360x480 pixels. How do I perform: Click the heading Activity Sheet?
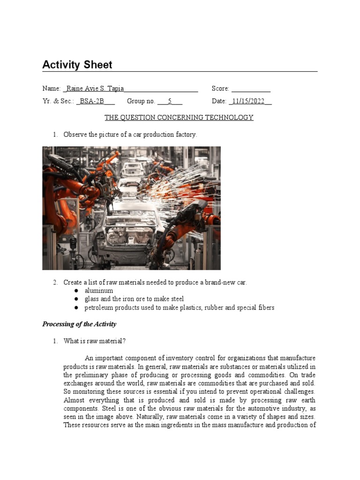[x=77, y=65]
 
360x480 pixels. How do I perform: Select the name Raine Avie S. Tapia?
[x=94, y=89]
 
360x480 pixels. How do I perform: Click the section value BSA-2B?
[x=91, y=101]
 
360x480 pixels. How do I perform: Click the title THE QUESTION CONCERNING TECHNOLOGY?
[x=179, y=118]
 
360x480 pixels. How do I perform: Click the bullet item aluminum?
[x=98, y=291]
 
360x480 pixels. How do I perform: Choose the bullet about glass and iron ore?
[x=134, y=299]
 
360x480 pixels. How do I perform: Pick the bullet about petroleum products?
[x=179, y=307]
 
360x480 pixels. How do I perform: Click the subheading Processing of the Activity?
[x=79, y=324]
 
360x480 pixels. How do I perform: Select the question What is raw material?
[x=95, y=341]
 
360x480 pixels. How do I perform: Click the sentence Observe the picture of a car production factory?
[x=130, y=135]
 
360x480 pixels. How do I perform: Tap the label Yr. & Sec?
[x=58, y=101]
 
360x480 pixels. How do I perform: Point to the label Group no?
[x=141, y=101]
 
